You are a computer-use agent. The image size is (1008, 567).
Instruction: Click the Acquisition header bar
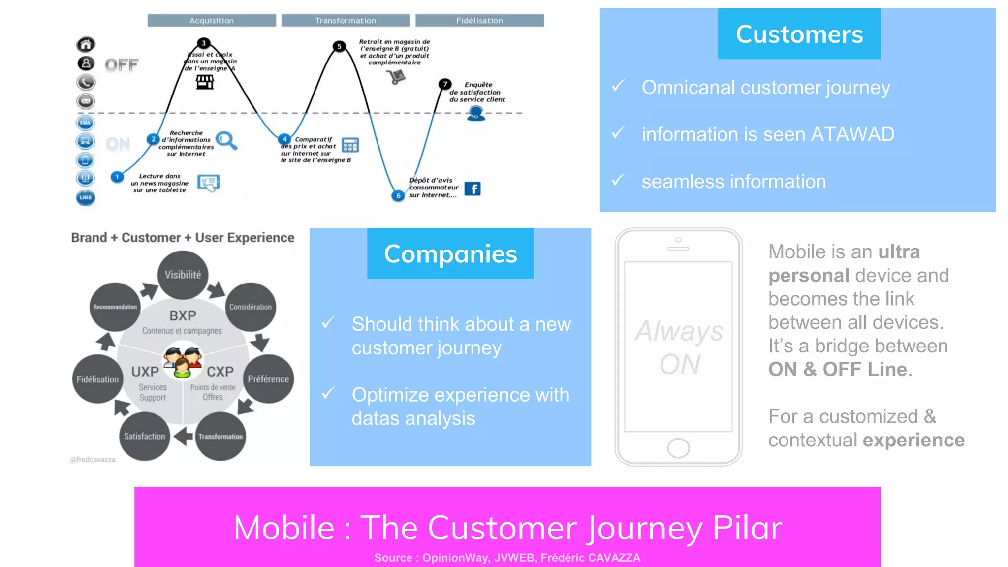tap(212, 20)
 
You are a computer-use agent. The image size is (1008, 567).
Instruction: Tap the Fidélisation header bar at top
tap(479, 20)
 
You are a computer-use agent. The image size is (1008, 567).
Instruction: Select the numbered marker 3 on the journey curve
tap(203, 43)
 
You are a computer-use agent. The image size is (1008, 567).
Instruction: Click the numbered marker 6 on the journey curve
tap(398, 195)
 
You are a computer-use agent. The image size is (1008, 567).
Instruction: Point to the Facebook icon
tap(472, 189)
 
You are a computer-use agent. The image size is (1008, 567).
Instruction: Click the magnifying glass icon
tap(226, 140)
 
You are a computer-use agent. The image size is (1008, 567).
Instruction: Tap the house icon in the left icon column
tap(86, 45)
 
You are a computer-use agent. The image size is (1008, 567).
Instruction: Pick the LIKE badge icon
tap(86, 197)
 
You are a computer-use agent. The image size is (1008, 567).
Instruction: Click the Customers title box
tap(799, 34)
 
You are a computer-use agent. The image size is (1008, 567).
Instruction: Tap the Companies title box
tap(450, 253)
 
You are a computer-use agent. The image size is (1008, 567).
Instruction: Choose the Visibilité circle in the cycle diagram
tap(183, 275)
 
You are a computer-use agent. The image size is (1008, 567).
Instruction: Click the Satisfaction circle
tap(144, 436)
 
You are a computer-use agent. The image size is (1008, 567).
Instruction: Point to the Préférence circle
tap(268, 379)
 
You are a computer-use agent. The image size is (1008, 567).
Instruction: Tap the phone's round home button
tap(678, 448)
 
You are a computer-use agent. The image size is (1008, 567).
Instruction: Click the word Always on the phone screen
tap(679, 331)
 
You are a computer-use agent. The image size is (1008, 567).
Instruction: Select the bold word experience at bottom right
tap(914, 440)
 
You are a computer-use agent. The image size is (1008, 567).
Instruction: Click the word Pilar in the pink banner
tap(747, 528)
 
